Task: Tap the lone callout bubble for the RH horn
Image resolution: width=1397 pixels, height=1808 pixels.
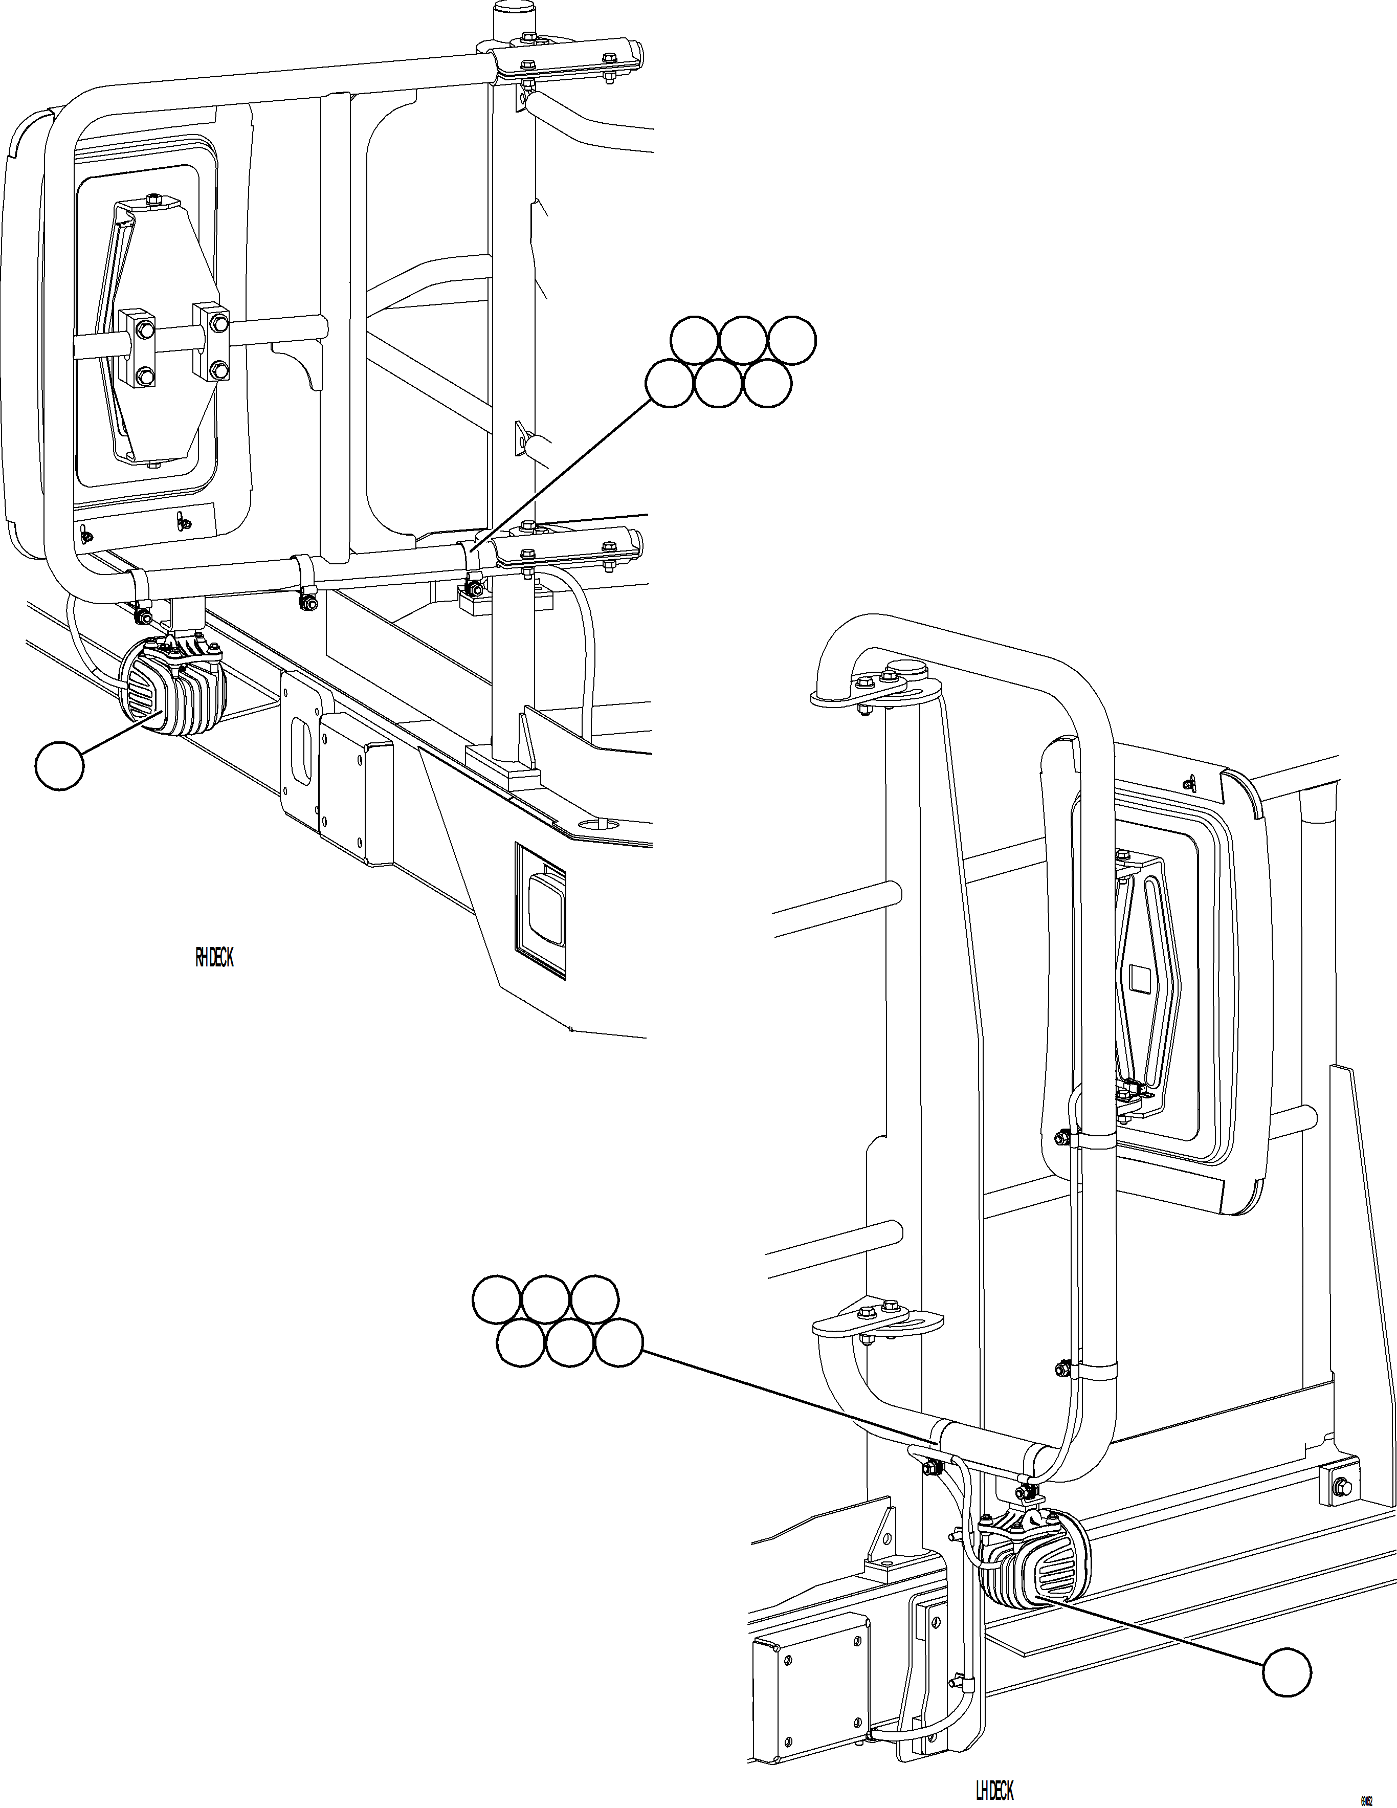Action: coord(59,766)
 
